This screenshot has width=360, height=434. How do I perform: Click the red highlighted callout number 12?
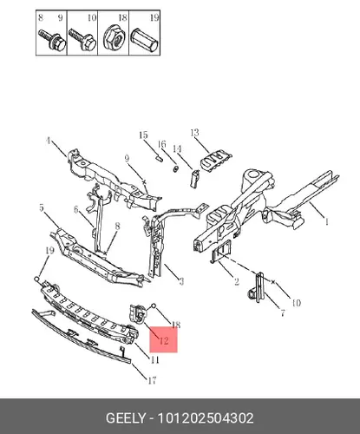coord(164,340)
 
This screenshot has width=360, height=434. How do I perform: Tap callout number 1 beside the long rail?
coord(327,222)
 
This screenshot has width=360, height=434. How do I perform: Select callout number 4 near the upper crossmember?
coord(49,141)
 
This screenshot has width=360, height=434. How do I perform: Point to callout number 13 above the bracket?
coord(195,133)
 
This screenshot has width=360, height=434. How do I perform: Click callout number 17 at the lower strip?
coord(152,380)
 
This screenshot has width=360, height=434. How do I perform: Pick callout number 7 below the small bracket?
coord(283,312)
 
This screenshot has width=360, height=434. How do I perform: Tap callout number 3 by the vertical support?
coord(181,281)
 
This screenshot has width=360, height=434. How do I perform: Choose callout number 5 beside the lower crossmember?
coord(42,207)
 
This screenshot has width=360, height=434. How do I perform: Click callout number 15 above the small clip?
coord(143,135)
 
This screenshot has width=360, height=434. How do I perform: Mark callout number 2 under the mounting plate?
coord(237,281)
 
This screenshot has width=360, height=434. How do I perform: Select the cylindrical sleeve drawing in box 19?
coord(145,40)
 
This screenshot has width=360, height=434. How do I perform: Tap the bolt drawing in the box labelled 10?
coord(82,40)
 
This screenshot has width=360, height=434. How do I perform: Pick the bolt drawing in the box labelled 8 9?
coord(52,40)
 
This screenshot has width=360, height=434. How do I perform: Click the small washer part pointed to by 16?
coord(175,168)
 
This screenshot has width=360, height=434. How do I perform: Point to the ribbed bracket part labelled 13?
coord(216,161)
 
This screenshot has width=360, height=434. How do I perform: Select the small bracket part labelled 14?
coord(194,179)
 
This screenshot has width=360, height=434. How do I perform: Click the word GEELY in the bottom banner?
coord(126,418)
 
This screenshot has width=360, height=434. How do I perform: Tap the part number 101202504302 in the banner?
coord(206,418)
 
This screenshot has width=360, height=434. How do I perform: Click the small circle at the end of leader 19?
coord(36,279)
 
